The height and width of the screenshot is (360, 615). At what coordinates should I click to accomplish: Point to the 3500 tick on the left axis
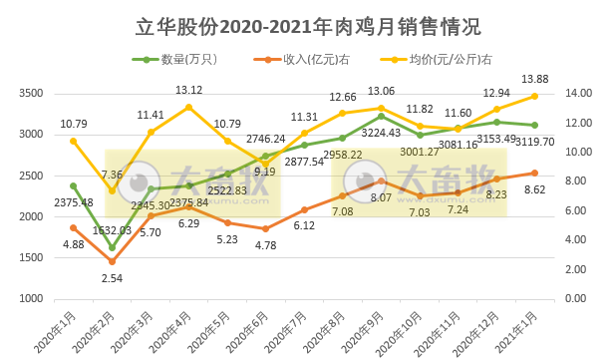click(30, 94)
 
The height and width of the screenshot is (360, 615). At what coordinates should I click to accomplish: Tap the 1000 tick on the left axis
click(30, 299)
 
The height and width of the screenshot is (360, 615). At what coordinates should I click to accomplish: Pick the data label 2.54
click(113, 279)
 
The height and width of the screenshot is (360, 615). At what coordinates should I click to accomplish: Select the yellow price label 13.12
click(189, 90)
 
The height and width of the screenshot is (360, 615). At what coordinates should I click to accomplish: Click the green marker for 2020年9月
click(382, 117)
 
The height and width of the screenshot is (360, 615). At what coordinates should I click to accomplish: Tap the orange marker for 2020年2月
click(112, 262)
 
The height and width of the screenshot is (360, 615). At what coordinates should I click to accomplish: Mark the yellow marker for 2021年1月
click(536, 96)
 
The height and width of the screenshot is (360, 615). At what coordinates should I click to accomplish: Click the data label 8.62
click(536, 189)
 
